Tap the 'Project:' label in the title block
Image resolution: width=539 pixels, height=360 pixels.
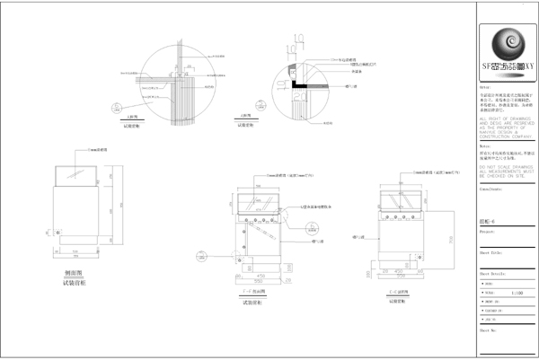point(488,231)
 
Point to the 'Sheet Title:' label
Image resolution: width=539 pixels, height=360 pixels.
point(490,254)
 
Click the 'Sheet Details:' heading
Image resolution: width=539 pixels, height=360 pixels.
point(492,272)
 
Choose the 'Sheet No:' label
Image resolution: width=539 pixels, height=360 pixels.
point(489,331)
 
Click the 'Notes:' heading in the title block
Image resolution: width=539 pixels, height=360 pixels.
point(485,145)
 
